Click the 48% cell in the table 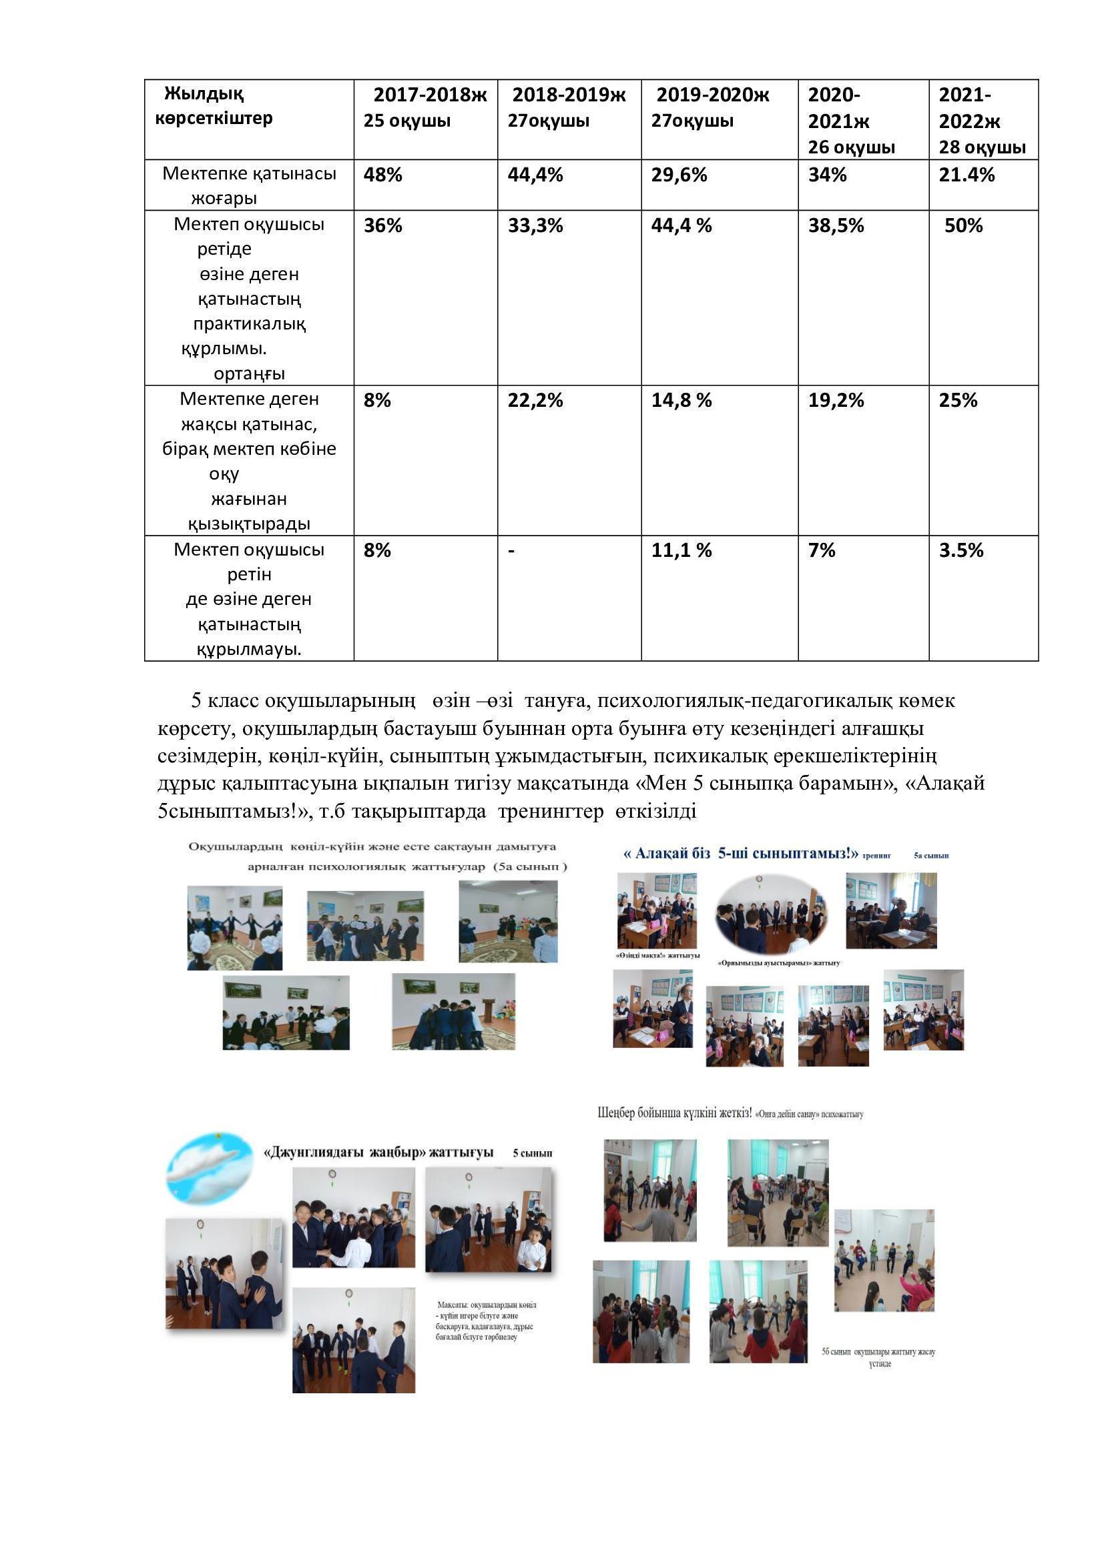(382, 175)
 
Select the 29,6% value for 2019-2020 (678, 175)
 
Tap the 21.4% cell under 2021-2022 (966, 175)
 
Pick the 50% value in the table (963, 225)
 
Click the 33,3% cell (535, 225)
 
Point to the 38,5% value (836, 225)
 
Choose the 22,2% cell (535, 400)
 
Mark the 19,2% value (836, 400)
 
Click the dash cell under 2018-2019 (511, 550)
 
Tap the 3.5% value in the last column (961, 550)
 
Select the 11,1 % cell (681, 550)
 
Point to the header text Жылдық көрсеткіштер (214, 106)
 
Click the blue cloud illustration (209, 1166)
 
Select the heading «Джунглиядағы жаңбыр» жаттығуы (378, 1152)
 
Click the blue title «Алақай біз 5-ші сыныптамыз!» (741, 854)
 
